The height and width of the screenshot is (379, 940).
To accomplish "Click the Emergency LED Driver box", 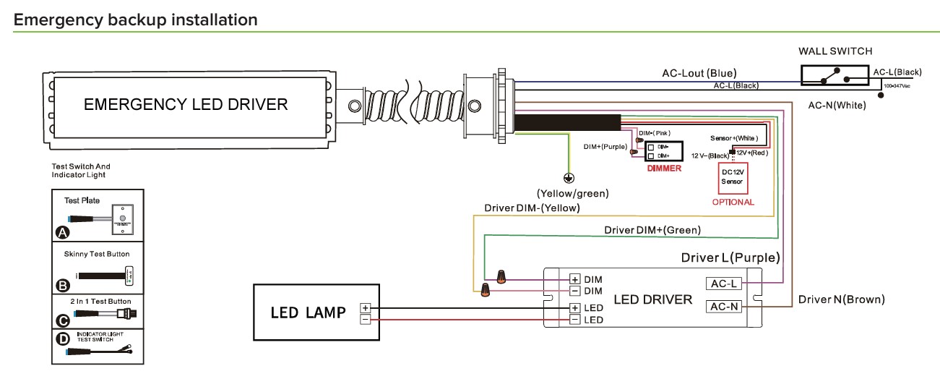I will click(186, 105).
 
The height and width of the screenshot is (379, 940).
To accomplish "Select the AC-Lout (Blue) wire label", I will click(699, 73).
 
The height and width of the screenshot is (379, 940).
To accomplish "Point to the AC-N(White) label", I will click(837, 105).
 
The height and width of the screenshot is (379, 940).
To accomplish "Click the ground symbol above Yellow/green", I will click(569, 178).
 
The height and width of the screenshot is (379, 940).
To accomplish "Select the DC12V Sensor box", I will click(732, 177).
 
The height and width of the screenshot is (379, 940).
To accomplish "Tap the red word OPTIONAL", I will click(733, 202).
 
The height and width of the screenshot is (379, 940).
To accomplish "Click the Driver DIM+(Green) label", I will click(652, 230).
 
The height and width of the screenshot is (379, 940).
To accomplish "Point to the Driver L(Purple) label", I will click(730, 257).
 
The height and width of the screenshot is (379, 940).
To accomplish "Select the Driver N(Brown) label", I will click(841, 299).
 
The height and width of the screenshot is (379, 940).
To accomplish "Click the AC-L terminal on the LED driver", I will click(723, 284).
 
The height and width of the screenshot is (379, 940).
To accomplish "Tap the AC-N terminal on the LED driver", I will click(723, 307).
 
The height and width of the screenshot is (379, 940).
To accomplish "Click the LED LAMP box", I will click(315, 312).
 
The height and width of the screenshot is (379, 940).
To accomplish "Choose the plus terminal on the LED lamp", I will click(365, 307).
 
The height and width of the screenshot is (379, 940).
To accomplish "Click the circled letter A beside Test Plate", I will click(61, 232).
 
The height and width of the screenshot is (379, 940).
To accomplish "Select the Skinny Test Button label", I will click(98, 255).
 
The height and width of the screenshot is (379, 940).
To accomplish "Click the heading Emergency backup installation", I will click(136, 20).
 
